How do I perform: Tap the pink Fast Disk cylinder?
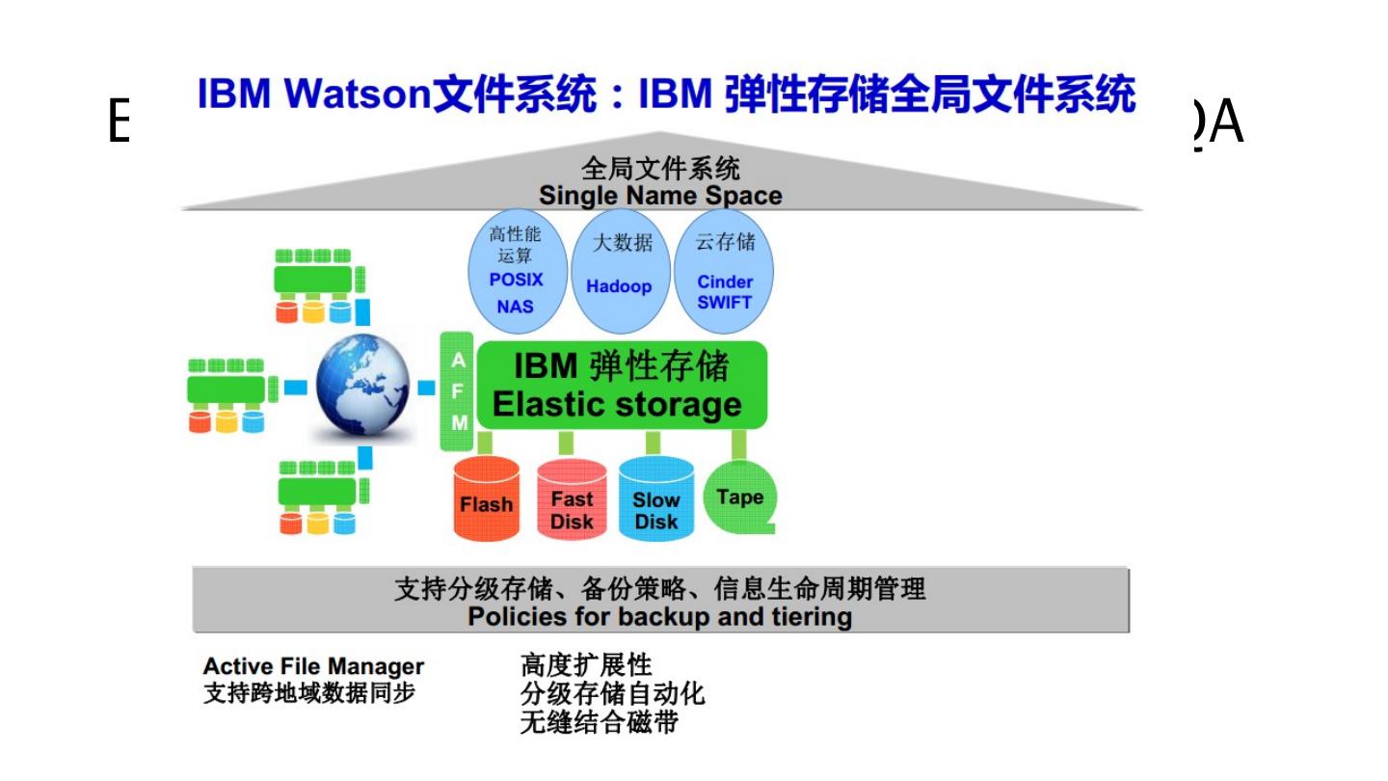(x=571, y=501)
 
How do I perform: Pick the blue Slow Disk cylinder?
(x=656, y=501)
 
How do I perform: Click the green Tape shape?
(x=739, y=497)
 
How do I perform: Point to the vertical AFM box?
(x=458, y=390)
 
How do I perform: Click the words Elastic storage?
(x=617, y=405)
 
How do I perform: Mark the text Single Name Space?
(x=660, y=196)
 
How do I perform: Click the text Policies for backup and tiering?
(x=660, y=616)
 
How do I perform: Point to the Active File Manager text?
(x=313, y=666)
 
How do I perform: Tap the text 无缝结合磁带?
(x=599, y=722)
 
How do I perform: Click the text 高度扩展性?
(x=586, y=665)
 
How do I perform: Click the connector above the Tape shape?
(x=738, y=444)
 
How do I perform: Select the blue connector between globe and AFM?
(x=426, y=388)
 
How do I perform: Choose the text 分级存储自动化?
(x=612, y=693)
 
